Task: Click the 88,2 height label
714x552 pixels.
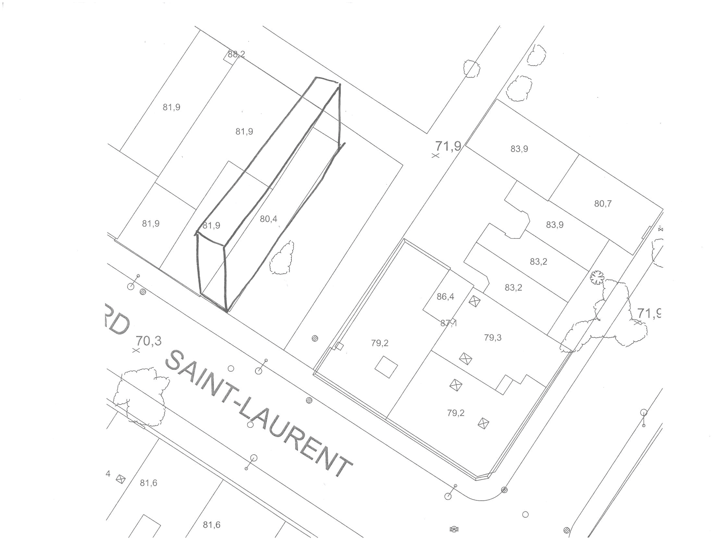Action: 236,54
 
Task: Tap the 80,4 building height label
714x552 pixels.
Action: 268,219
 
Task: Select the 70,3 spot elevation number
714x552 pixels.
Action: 149,341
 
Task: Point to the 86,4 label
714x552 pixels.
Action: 445,296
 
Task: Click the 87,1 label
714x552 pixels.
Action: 449,323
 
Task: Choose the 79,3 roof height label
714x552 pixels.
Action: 493,337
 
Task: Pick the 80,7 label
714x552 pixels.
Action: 603,204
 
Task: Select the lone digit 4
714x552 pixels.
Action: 108,473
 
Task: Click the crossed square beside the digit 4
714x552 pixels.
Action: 121,479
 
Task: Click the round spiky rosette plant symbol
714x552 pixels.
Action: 597,278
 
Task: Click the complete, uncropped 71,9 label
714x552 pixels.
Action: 448,146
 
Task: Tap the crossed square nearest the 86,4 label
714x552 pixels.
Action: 473,301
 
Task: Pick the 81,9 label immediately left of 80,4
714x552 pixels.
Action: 212,225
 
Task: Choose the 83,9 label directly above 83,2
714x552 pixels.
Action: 555,225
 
